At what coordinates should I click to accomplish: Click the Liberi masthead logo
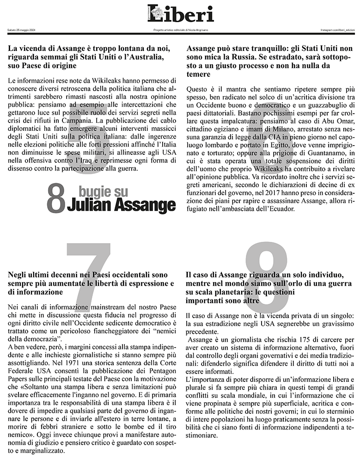pyautogui.click(x=181, y=14)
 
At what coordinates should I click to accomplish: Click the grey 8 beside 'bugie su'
pyautogui.click(x=55, y=199)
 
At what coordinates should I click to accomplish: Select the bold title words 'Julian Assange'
pyautogui.click(x=121, y=204)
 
